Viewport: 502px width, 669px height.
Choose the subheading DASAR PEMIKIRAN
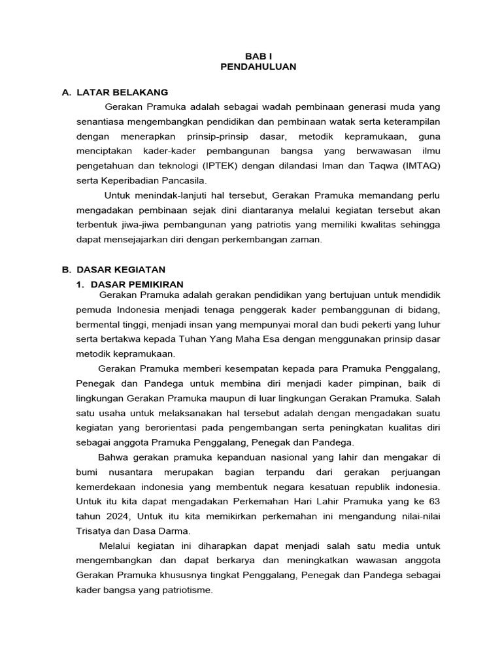pos(137,284)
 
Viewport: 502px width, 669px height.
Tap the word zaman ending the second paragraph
pos(306,240)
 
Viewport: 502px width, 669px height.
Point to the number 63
pos(434,501)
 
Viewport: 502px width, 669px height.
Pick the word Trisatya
pos(93,530)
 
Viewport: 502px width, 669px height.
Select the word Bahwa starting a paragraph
pos(112,457)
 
